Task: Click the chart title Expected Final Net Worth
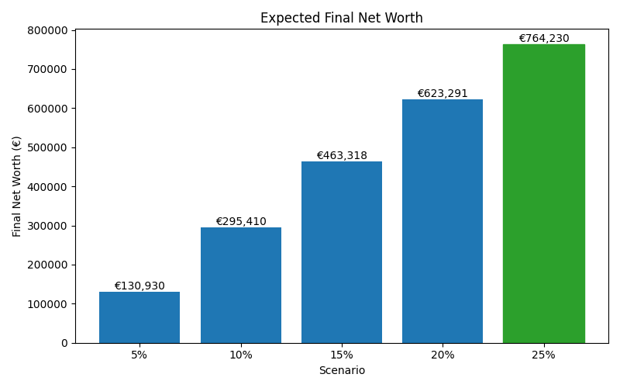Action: (341, 18)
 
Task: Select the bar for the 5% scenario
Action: (139, 317)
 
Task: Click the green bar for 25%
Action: (543, 193)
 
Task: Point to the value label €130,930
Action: (139, 286)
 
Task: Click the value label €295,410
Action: (240, 222)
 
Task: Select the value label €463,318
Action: (342, 156)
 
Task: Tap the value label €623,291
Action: (443, 94)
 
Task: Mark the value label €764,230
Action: (543, 39)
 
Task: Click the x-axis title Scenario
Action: (342, 371)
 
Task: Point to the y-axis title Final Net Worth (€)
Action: (17, 186)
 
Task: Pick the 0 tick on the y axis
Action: (65, 343)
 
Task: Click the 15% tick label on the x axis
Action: (342, 355)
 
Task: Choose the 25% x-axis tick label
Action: (543, 355)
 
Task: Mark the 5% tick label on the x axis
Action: (139, 355)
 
